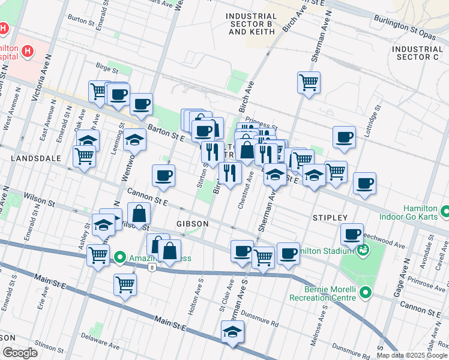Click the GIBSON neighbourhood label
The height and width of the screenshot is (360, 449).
click(x=192, y=223)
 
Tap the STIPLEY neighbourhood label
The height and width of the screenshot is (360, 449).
click(x=330, y=217)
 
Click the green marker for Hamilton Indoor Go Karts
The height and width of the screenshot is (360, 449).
click(x=445, y=212)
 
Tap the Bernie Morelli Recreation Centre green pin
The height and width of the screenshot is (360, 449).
click(x=366, y=293)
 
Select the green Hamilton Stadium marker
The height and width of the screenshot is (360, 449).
click(x=362, y=250)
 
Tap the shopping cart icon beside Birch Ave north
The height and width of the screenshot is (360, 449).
click(x=309, y=82)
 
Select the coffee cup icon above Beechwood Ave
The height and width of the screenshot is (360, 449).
click(x=352, y=233)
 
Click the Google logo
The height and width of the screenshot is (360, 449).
click(x=19, y=353)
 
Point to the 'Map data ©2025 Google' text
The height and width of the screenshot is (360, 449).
click(x=411, y=355)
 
